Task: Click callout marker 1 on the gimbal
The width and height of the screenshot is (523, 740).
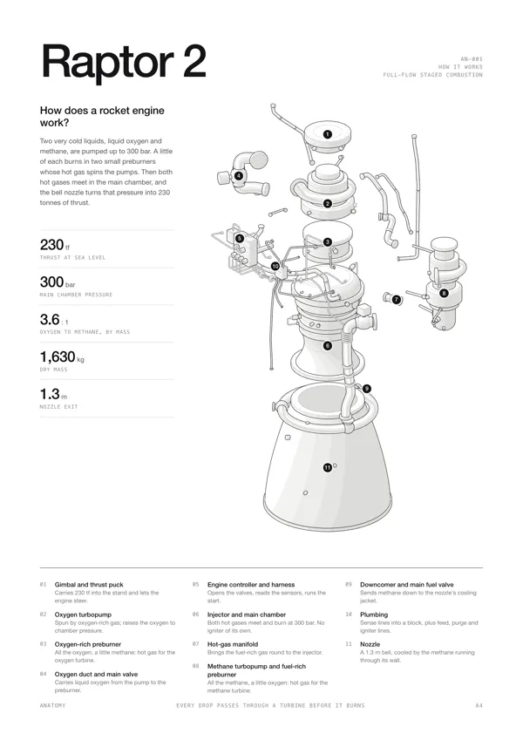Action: [328, 134]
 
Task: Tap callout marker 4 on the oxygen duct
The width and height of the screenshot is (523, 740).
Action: [239, 176]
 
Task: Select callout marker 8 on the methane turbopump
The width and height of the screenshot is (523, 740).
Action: [444, 293]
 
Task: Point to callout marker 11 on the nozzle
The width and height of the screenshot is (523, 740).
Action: [328, 468]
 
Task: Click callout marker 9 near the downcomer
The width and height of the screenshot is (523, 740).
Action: [367, 389]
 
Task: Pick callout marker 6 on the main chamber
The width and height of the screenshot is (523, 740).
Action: [328, 345]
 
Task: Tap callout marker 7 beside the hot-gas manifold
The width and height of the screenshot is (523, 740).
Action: [396, 299]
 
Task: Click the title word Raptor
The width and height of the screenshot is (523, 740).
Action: [107, 62]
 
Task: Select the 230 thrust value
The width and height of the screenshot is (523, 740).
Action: [52, 244]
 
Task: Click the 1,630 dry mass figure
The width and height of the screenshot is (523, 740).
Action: [58, 356]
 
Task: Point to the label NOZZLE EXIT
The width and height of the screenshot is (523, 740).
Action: [58, 407]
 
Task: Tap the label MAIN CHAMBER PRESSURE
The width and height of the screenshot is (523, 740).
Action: [76, 295]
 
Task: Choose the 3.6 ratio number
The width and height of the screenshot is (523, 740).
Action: [50, 320]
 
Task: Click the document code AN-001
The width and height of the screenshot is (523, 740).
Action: [472, 59]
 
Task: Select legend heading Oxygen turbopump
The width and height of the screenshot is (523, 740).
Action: [83, 614]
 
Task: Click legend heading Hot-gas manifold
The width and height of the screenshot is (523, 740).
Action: [233, 644]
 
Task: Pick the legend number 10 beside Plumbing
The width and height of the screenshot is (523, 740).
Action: [349, 614]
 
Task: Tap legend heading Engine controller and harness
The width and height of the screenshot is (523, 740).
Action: [251, 585]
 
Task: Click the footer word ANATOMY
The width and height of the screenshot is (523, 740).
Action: [53, 705]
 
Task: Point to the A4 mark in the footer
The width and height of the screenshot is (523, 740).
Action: [479, 705]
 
